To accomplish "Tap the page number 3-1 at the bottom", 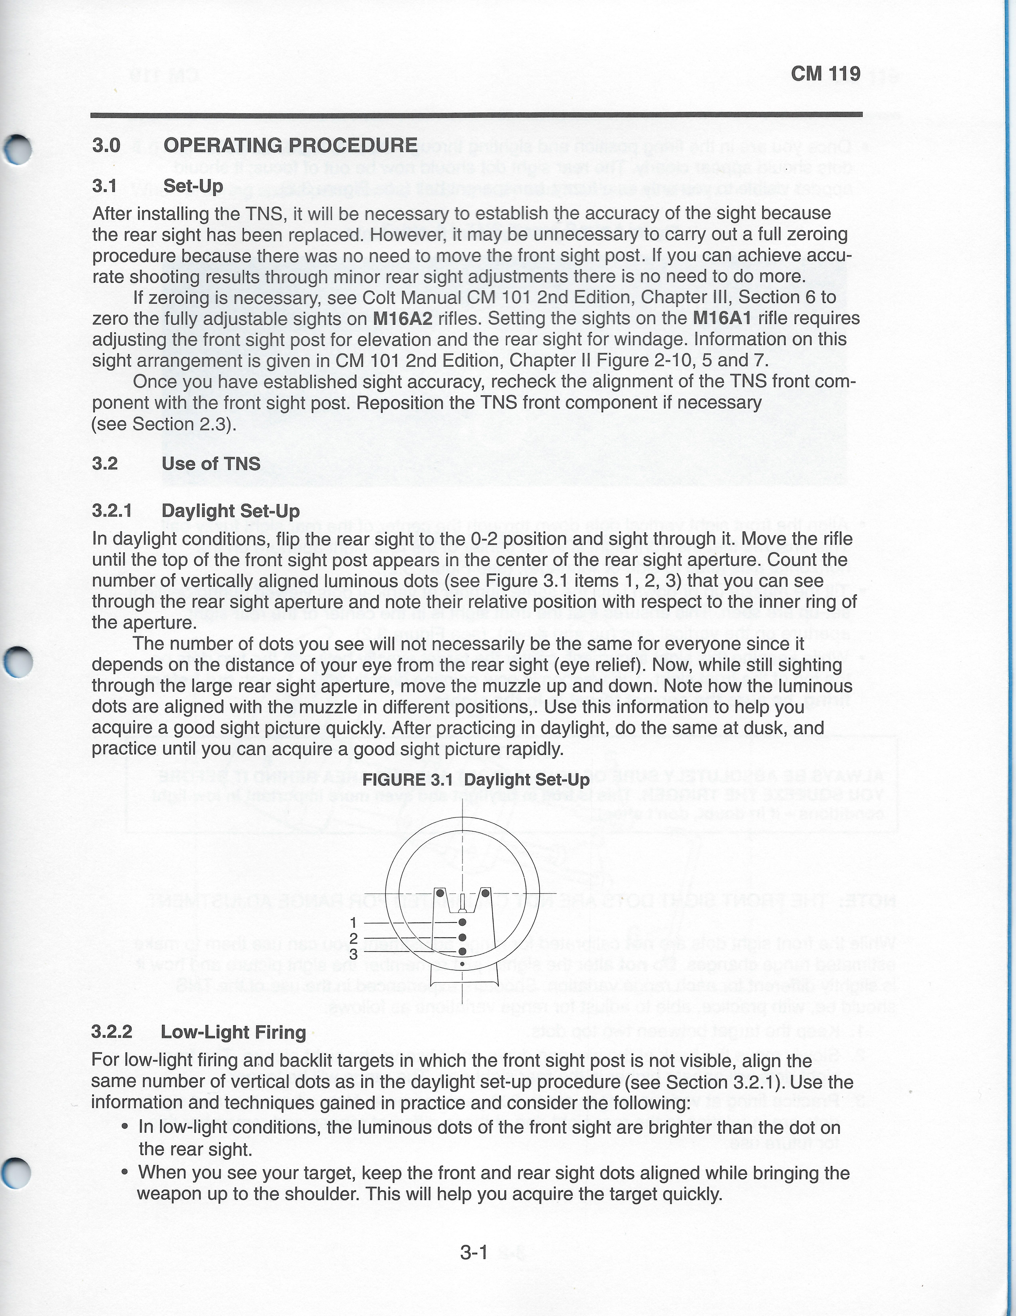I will tap(473, 1253).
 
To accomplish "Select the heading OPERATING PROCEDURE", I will tap(290, 146).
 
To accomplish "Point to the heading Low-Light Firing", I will tap(233, 1032).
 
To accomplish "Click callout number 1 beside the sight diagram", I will tap(354, 923).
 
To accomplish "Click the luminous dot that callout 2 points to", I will tap(462, 937).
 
